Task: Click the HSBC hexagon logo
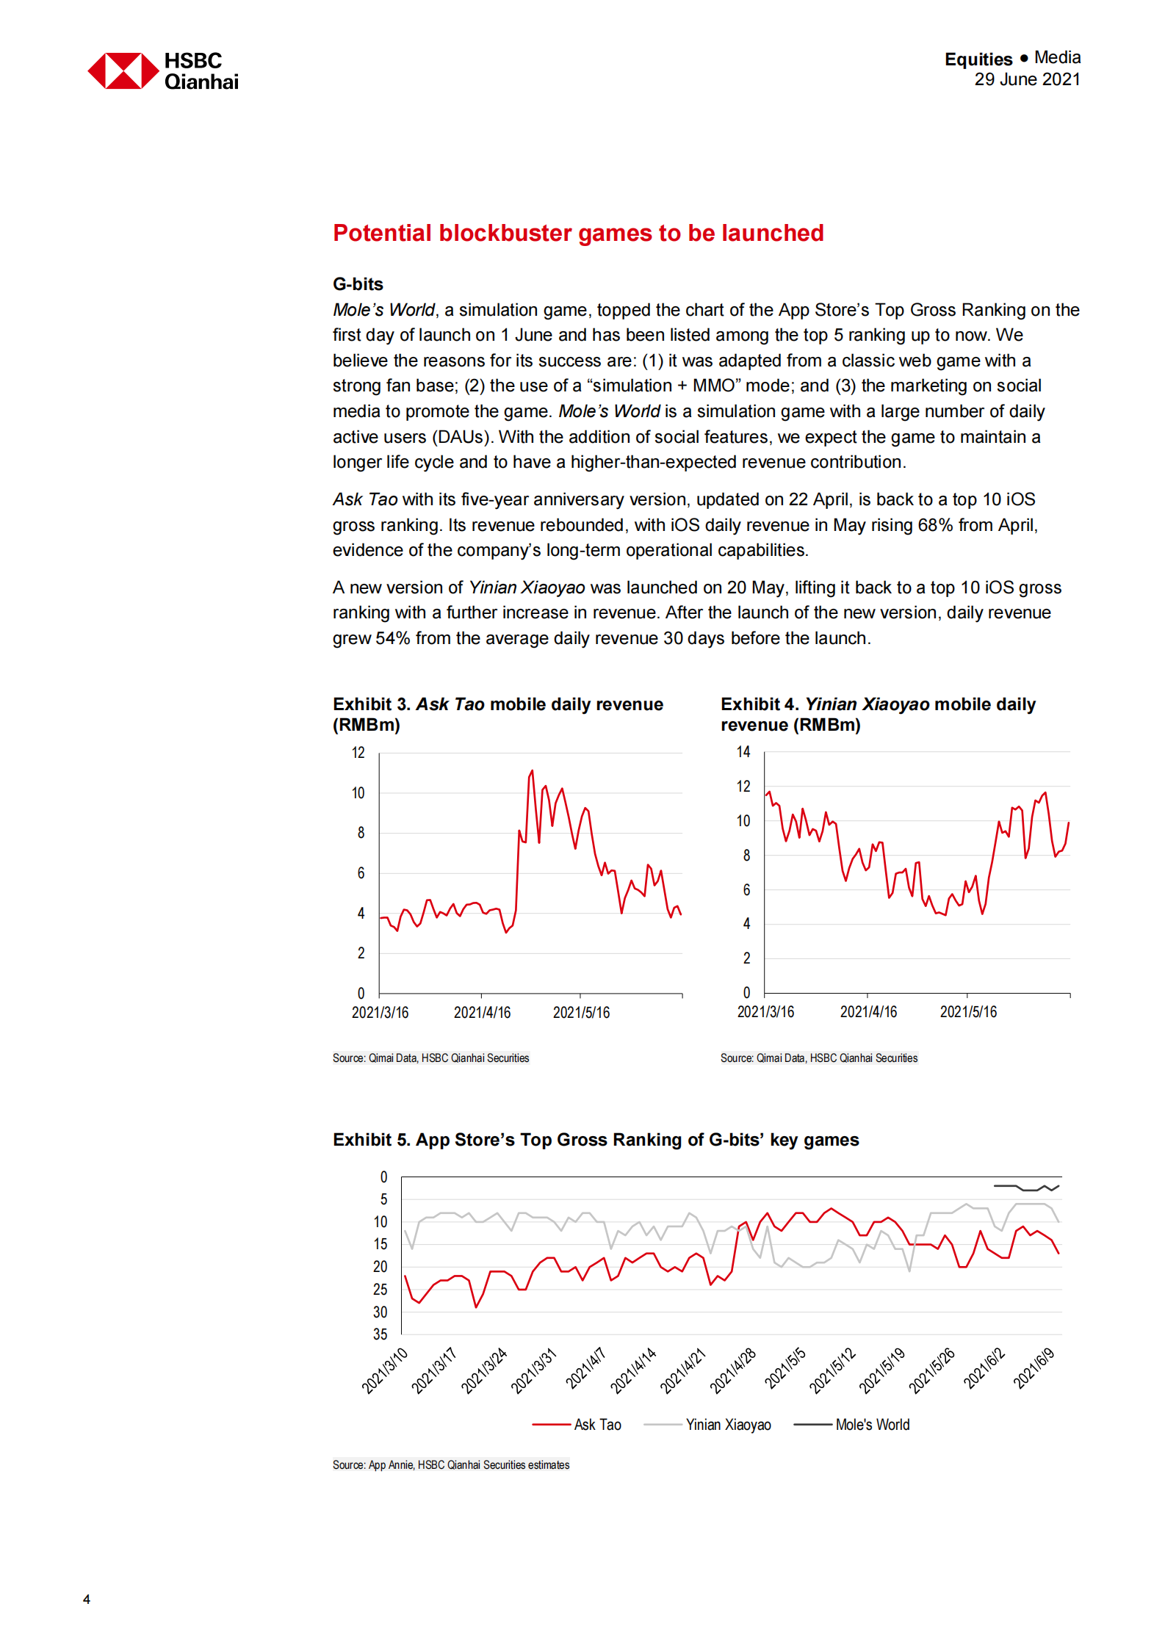pyautogui.click(x=123, y=71)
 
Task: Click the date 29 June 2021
pyautogui.click(x=1026, y=79)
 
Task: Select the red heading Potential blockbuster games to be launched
pyautogui.click(x=578, y=233)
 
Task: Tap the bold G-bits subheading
pyautogui.click(x=358, y=284)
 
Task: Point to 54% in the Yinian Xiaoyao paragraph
pyautogui.click(x=392, y=638)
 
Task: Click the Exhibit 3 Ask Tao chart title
pyautogui.click(x=497, y=714)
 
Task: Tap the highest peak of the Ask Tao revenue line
pyautogui.click(x=532, y=771)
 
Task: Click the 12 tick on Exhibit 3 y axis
pyautogui.click(x=358, y=753)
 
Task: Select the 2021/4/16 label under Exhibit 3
pyautogui.click(x=482, y=1013)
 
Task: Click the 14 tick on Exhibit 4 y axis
pyautogui.click(x=743, y=752)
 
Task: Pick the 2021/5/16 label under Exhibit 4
pyautogui.click(x=968, y=1012)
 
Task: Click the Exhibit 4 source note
pyautogui.click(x=818, y=1058)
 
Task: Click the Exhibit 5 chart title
pyautogui.click(x=596, y=1140)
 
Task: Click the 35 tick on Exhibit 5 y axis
pyautogui.click(x=380, y=1334)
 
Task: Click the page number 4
pyautogui.click(x=87, y=1600)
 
